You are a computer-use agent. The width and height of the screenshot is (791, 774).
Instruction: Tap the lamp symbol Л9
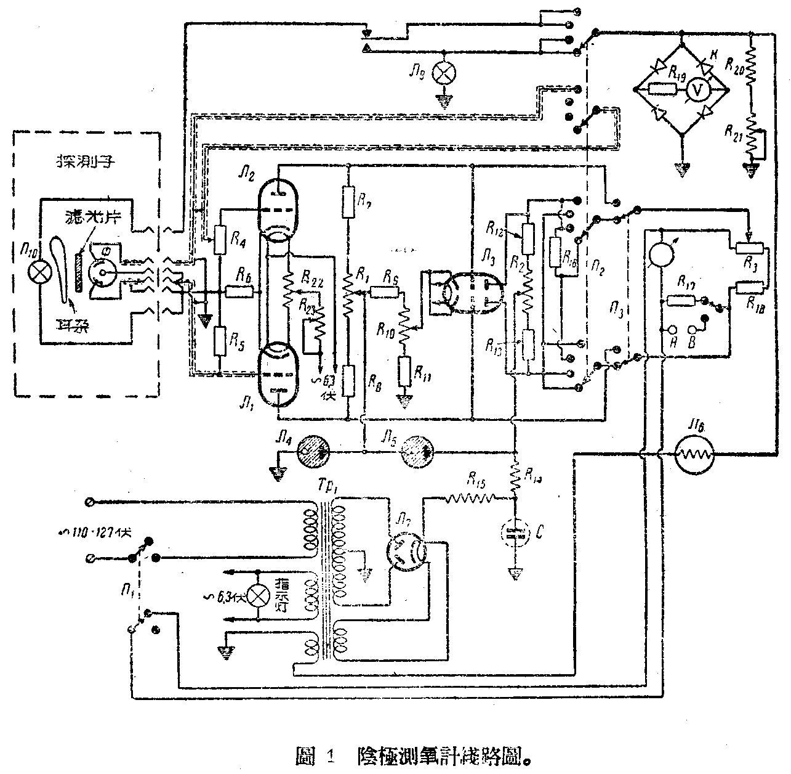pyautogui.click(x=441, y=73)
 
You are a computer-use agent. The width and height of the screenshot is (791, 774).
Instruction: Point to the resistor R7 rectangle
pyautogui.click(x=348, y=202)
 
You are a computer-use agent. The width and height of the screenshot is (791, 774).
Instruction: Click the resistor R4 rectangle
pyautogui.click(x=220, y=240)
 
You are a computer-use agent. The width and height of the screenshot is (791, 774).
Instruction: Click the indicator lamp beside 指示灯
pyautogui.click(x=262, y=594)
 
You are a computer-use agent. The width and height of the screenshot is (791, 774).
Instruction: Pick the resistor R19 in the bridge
pyautogui.click(x=663, y=89)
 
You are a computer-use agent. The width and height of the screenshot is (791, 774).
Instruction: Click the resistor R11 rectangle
pyautogui.click(x=404, y=370)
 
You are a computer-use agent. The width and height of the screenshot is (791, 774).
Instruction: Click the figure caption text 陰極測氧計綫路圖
pyautogui.click(x=443, y=756)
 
